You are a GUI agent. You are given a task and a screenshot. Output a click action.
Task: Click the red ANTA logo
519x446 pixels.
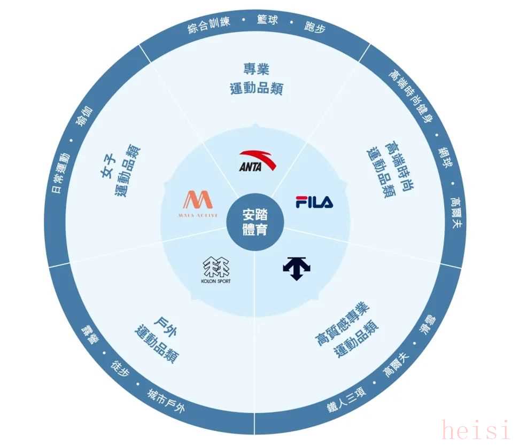click(257, 161)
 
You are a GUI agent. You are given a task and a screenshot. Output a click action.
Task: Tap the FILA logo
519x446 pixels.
click(314, 202)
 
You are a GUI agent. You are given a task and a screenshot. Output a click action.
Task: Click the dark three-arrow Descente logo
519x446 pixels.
click(297, 268)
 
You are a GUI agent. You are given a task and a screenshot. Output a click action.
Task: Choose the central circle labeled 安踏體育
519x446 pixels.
click(255, 222)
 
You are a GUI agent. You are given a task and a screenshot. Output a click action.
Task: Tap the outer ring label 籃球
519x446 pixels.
click(267, 20)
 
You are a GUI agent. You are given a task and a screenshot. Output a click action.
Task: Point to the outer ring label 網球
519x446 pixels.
click(445, 157)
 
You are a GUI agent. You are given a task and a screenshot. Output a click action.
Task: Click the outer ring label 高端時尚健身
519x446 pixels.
click(410, 96)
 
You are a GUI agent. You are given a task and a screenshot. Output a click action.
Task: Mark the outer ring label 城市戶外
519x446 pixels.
click(166, 401)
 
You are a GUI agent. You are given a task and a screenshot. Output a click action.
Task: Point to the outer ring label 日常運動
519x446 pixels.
click(60, 173)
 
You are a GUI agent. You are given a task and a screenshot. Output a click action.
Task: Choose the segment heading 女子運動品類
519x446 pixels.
click(120, 170)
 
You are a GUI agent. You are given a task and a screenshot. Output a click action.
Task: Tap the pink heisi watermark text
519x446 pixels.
click(476, 429)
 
